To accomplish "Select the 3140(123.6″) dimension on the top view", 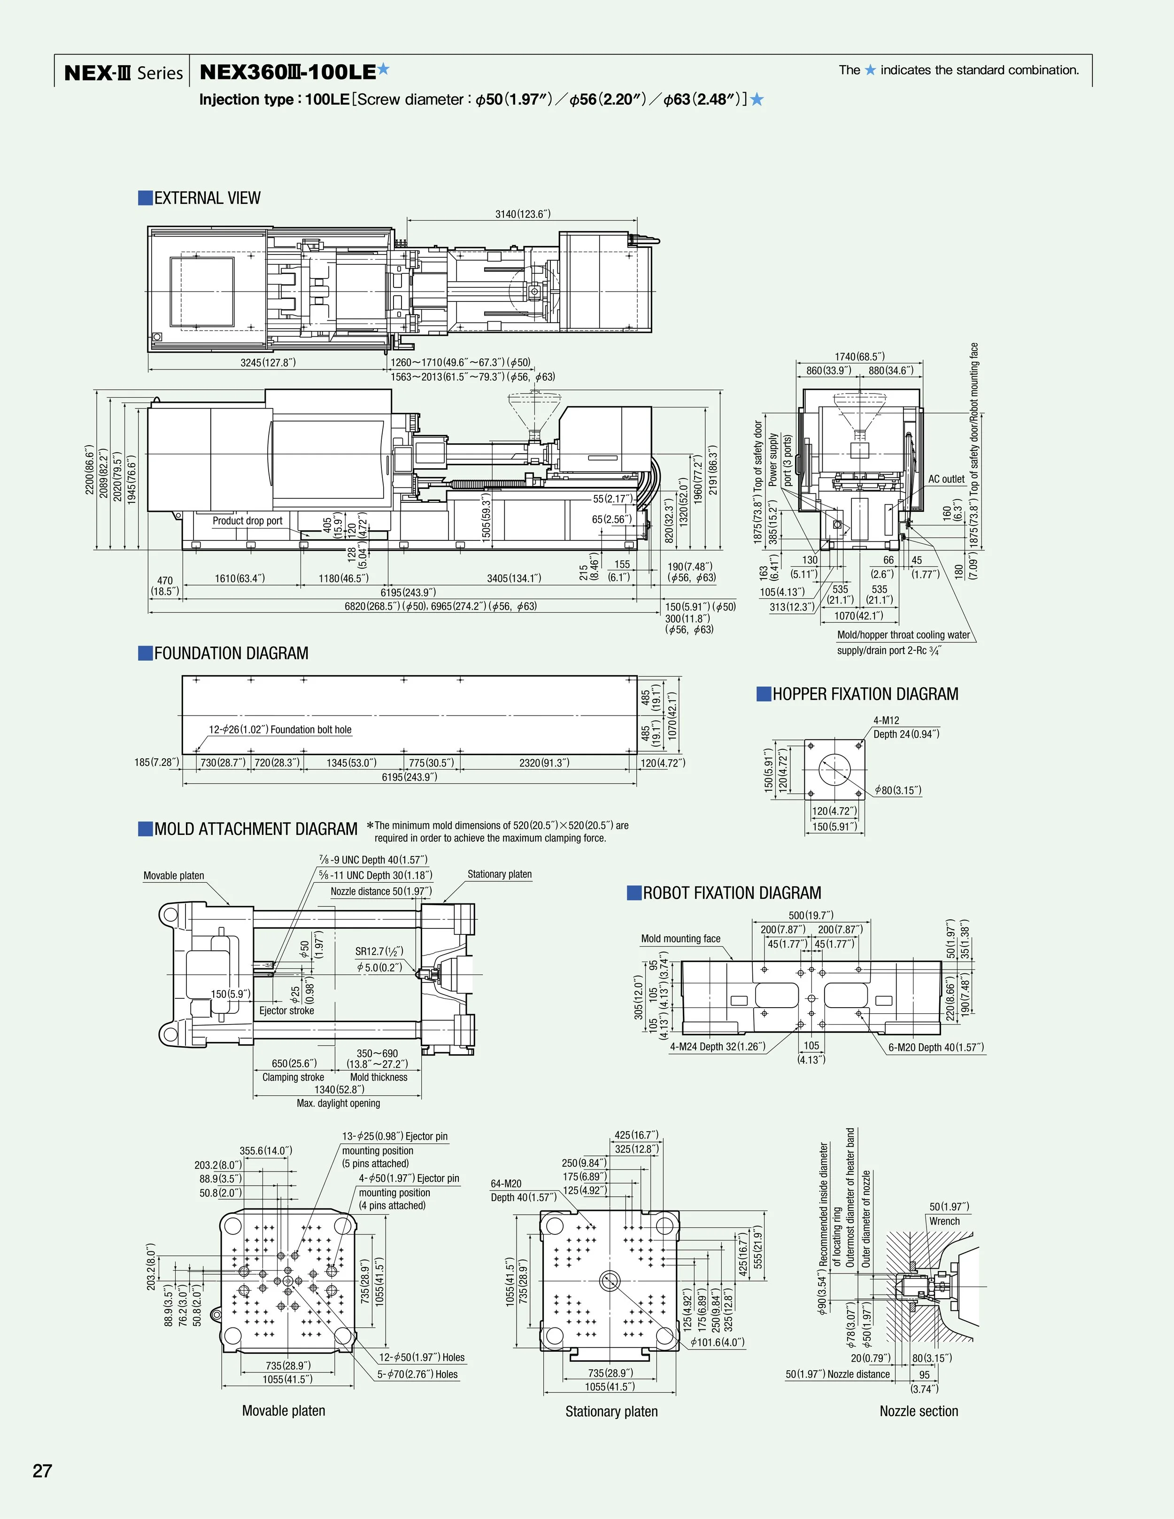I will point(522,214).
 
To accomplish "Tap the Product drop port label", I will point(247,521).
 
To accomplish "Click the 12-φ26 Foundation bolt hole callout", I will point(280,730).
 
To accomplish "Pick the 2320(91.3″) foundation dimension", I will point(544,763).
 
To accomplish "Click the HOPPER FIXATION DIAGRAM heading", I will point(865,694).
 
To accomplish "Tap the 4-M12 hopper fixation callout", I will point(886,721).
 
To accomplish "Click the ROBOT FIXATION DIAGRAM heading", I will point(731,893).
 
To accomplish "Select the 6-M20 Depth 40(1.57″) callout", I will point(935,1048).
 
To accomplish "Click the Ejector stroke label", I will point(286,1010).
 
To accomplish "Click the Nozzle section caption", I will point(918,1411).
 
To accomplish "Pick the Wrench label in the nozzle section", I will point(944,1221).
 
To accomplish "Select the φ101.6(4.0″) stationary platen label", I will point(717,1342).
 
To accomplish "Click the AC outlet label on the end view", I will point(946,479).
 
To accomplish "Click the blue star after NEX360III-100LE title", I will point(383,69).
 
